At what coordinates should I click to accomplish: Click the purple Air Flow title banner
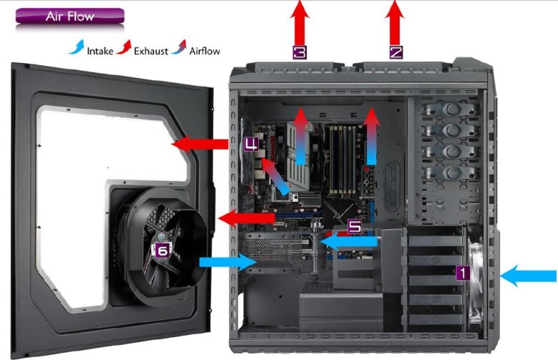(x=70, y=16)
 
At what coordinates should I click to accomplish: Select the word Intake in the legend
(x=100, y=52)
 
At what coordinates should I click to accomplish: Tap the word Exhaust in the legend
(x=151, y=52)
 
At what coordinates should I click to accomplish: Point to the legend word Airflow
(x=205, y=52)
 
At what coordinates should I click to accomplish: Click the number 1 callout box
(x=463, y=273)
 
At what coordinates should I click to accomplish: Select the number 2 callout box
(x=396, y=52)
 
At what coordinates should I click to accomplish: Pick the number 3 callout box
(x=300, y=52)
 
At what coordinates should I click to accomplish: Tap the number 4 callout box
(x=251, y=144)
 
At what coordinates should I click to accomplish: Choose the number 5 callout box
(x=354, y=226)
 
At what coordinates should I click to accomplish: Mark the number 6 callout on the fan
(x=162, y=250)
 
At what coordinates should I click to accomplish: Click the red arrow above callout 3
(x=300, y=23)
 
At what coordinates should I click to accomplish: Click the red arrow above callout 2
(x=395, y=23)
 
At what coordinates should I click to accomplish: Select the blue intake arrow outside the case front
(x=528, y=276)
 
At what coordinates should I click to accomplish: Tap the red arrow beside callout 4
(x=200, y=144)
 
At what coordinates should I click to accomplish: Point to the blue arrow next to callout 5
(x=349, y=241)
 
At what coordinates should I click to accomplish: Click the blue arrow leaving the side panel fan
(x=228, y=263)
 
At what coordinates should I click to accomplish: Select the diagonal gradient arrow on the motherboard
(x=275, y=177)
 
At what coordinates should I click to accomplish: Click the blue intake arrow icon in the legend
(x=77, y=47)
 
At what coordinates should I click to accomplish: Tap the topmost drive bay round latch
(x=452, y=108)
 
